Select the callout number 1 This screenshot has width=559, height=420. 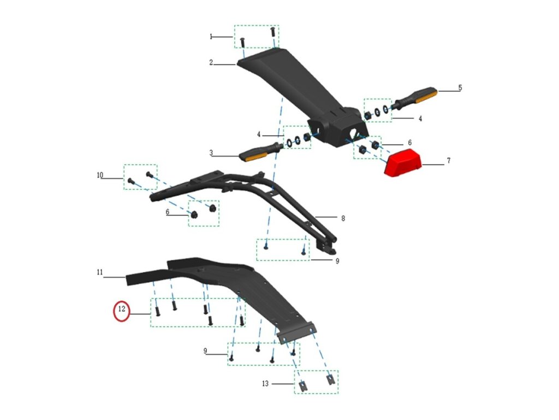tap(211, 37)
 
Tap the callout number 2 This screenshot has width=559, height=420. tap(211, 63)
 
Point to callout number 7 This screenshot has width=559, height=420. tap(449, 161)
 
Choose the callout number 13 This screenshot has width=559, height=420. tap(265, 384)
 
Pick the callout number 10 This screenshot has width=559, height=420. tap(100, 176)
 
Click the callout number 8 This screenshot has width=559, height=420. tap(343, 218)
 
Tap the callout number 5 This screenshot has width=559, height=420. tap(460, 87)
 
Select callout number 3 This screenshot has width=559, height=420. tap(211, 153)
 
